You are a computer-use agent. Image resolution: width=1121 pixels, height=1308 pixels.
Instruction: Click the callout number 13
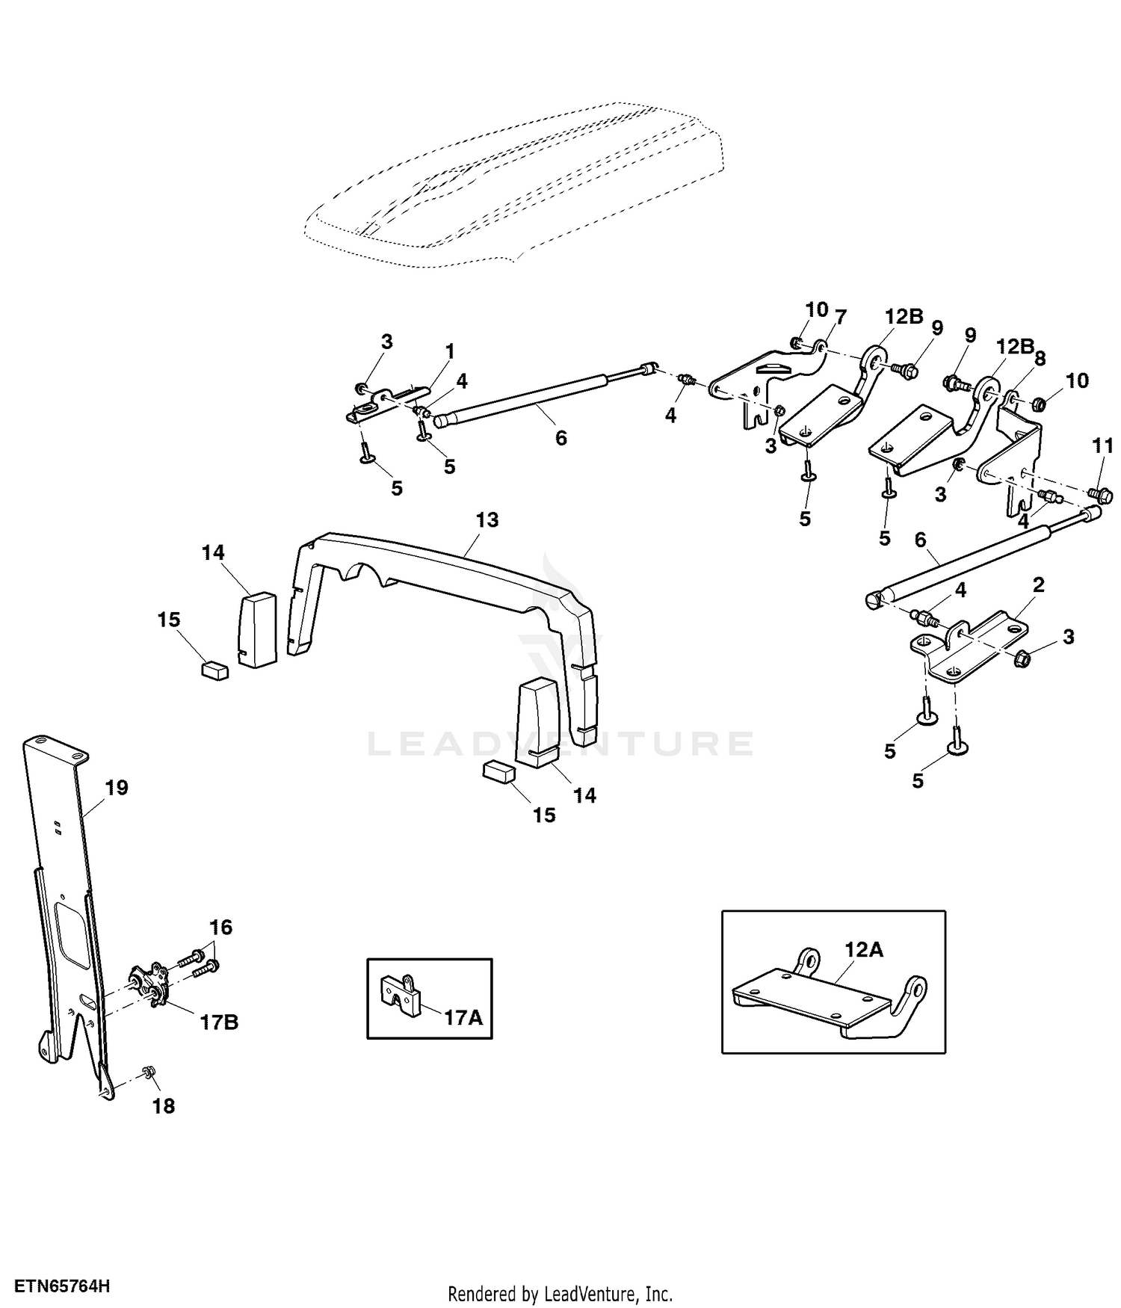point(487,519)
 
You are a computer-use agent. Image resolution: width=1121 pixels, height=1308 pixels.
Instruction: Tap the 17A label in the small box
point(463,1017)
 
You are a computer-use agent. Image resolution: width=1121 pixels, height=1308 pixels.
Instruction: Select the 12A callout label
point(864,950)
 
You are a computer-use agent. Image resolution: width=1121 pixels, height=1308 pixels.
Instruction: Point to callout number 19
point(117,787)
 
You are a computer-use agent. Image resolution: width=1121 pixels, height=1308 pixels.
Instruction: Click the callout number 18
point(163,1105)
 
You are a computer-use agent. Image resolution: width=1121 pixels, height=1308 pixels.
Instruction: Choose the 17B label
point(219,1022)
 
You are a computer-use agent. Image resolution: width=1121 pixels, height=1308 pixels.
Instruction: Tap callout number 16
point(220,928)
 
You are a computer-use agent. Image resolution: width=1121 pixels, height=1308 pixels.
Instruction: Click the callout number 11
point(1102,447)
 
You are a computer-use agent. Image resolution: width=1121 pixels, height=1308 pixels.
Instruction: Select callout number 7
point(841,317)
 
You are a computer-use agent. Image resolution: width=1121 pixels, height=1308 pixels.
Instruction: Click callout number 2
point(1038,584)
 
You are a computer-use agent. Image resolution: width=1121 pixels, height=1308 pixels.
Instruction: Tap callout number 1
point(450,351)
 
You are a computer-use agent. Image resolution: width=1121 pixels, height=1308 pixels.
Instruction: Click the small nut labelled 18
point(148,1073)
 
